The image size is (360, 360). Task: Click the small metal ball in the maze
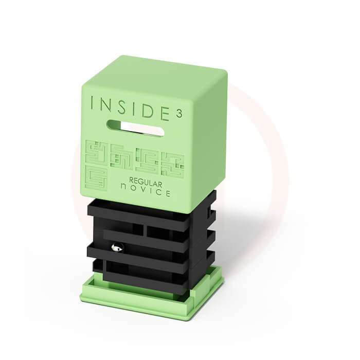click(x=117, y=247)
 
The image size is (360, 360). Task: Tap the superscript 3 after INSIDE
click(x=179, y=114)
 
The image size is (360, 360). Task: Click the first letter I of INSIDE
click(x=92, y=103)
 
